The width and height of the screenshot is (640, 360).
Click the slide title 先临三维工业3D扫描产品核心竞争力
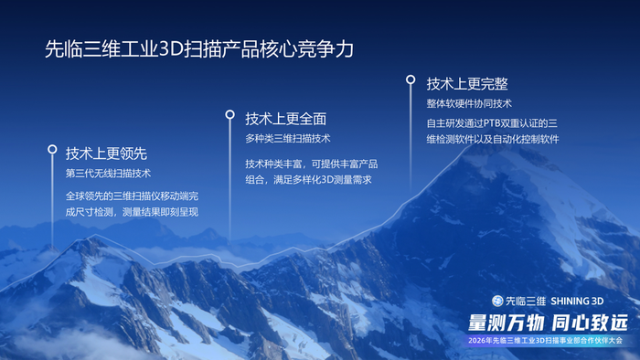198,48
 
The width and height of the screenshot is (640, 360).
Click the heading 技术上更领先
106,152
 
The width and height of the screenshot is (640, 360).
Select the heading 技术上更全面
286,119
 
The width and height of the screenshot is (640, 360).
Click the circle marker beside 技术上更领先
52,149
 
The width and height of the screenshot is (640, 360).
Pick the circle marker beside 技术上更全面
230,115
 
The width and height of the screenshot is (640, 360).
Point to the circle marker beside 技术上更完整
411,79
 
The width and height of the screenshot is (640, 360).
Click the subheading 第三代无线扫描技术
108,173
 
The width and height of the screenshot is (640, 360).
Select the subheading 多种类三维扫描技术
287,139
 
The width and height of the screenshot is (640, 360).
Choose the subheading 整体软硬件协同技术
469,103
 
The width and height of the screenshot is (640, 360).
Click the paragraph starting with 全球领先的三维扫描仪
132,204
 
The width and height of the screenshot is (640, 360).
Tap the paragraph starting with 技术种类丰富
311,172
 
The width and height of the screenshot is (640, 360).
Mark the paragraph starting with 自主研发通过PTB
492,131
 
